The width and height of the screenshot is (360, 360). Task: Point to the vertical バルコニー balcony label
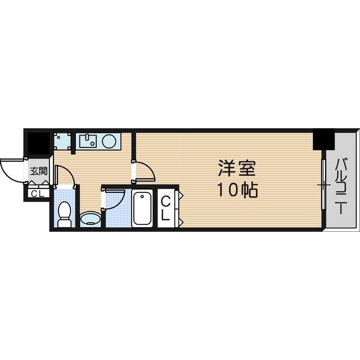tap(341, 186)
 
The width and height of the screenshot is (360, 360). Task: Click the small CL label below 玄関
tap(38, 194)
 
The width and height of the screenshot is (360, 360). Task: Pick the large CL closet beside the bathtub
tap(167, 208)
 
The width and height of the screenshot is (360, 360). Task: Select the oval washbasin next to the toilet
tap(90, 218)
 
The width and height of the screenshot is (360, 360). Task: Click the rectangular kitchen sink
tap(89, 140)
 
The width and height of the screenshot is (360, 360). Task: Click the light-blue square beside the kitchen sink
tap(63, 142)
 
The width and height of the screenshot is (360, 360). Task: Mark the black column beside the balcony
tap(323, 139)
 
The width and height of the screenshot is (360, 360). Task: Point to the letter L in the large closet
tap(167, 214)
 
